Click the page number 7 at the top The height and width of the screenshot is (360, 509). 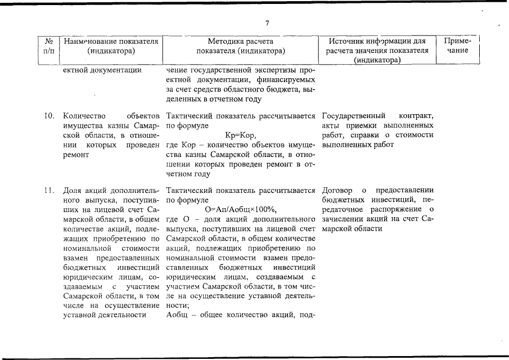click(267, 23)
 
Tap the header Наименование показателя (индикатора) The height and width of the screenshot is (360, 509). click(110, 46)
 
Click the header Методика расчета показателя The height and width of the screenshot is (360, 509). click(240, 46)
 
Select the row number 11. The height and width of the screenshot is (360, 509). click(49, 190)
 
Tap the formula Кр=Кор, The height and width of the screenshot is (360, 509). click(240, 136)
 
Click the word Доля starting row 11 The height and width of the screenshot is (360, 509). click(73, 190)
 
